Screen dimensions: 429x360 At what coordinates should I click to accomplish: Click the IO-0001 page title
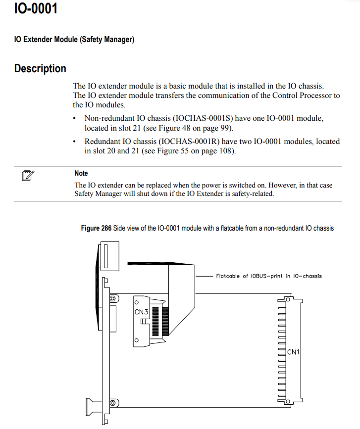36,8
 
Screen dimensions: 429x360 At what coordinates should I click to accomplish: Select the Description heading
40,69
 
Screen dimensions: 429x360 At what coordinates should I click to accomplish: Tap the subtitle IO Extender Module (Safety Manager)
74,40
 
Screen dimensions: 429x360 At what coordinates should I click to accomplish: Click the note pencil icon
28,175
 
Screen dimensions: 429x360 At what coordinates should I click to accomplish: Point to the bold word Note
81,173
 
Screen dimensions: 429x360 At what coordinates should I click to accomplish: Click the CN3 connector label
141,312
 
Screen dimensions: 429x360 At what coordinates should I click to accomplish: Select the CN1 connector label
294,352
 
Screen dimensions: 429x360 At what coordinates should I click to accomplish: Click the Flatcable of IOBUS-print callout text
268,276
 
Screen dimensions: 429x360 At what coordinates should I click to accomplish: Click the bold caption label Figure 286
96,228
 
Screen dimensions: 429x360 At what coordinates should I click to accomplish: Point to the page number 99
226,128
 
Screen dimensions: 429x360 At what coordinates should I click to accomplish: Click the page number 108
226,150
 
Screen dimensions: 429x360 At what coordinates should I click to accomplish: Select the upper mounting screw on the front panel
113,298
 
